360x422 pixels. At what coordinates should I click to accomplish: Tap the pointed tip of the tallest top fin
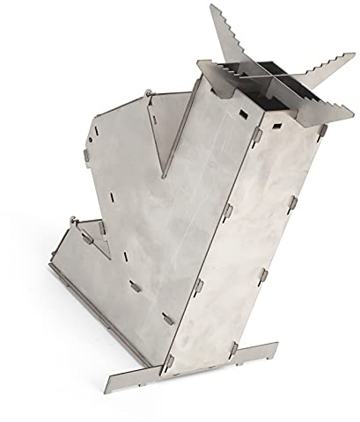click(x=214, y=7)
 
